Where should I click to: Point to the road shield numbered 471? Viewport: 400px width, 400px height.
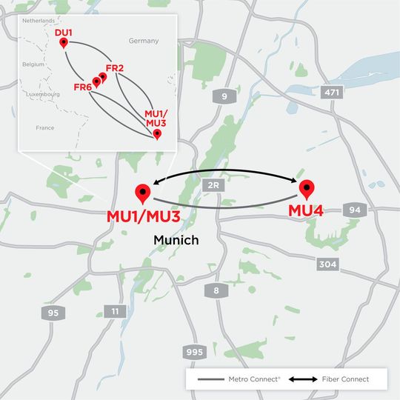(x=331, y=93)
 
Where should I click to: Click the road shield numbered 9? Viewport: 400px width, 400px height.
(x=224, y=96)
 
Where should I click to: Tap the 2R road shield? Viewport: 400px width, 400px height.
(x=214, y=184)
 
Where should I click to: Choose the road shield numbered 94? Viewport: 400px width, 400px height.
(x=356, y=210)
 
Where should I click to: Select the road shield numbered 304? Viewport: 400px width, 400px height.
(x=327, y=264)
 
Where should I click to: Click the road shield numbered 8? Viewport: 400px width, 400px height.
(x=216, y=291)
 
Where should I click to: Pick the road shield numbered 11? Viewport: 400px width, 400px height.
(x=114, y=312)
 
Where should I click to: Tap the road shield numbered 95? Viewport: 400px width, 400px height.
(x=51, y=313)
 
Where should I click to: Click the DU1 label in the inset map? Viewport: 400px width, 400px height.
(x=64, y=33)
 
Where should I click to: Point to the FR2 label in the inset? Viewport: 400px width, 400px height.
(x=114, y=68)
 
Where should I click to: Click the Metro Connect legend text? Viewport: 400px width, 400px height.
(x=254, y=379)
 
